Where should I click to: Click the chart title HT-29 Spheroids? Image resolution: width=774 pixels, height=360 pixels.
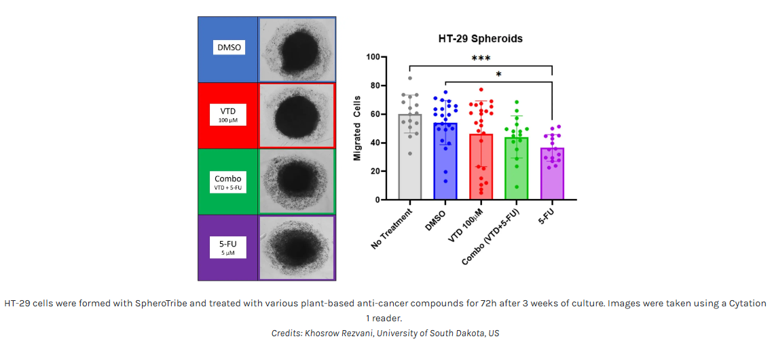click(480, 39)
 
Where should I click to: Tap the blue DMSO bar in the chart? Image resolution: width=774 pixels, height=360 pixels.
click(445, 163)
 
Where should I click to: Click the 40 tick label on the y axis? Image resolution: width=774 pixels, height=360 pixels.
click(375, 143)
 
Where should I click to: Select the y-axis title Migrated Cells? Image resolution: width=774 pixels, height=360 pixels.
click(357, 129)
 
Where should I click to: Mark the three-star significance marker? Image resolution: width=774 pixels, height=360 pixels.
click(481, 59)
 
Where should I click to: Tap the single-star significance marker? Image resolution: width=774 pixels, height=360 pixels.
click(498, 75)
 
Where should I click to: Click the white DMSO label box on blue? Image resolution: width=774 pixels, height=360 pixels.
click(227, 48)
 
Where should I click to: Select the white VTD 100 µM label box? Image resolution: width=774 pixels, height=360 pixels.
click(227, 114)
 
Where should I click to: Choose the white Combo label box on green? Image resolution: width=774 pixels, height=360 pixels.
click(227, 181)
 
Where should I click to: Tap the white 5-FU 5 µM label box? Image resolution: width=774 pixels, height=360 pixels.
click(227, 247)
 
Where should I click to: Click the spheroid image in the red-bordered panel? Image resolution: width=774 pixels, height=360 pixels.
click(297, 115)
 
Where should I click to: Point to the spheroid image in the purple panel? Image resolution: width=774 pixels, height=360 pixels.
click(296, 248)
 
